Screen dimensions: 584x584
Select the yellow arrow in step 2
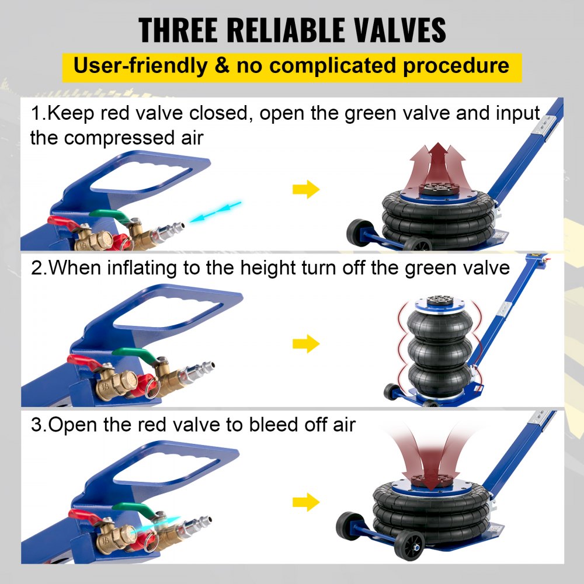[306, 344]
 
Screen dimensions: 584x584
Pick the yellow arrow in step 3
[306, 501]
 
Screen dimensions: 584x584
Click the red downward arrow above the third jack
[431, 461]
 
